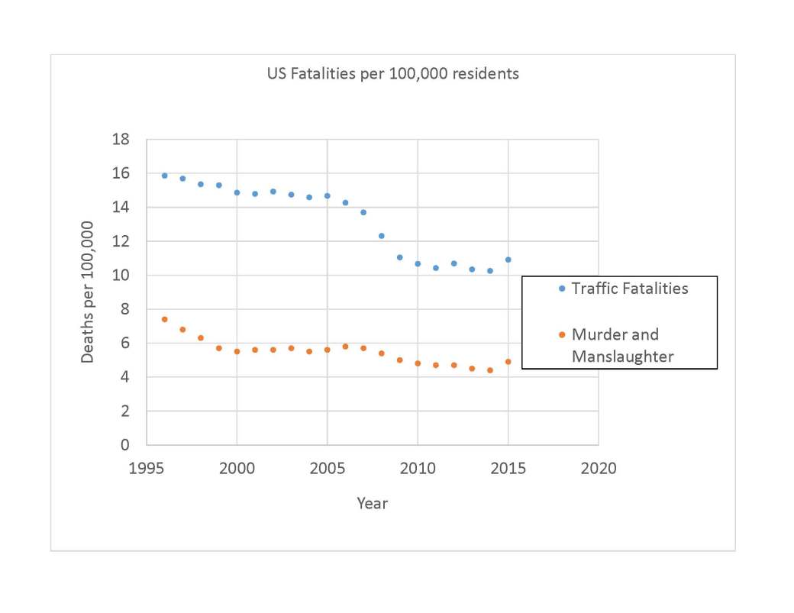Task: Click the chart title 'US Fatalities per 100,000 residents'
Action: click(x=392, y=74)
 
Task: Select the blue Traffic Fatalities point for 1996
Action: click(x=164, y=176)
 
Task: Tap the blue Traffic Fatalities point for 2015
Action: click(x=508, y=260)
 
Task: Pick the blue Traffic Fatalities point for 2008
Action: click(x=381, y=236)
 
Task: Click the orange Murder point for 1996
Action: click(x=164, y=319)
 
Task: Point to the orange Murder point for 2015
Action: click(x=508, y=362)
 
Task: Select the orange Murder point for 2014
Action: click(x=489, y=370)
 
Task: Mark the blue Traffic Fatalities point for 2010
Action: click(x=418, y=263)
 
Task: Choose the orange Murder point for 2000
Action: click(x=237, y=351)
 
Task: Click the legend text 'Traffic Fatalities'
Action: click(x=630, y=289)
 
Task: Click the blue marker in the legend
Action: click(x=562, y=289)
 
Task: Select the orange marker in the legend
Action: click(x=562, y=334)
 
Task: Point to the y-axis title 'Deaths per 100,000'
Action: click(x=88, y=292)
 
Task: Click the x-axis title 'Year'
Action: click(x=372, y=503)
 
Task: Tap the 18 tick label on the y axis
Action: click(x=120, y=140)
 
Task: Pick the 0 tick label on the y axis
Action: click(x=124, y=444)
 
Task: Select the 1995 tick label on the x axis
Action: click(x=147, y=468)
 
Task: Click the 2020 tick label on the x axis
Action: click(x=598, y=468)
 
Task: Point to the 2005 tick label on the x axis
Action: click(x=327, y=468)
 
